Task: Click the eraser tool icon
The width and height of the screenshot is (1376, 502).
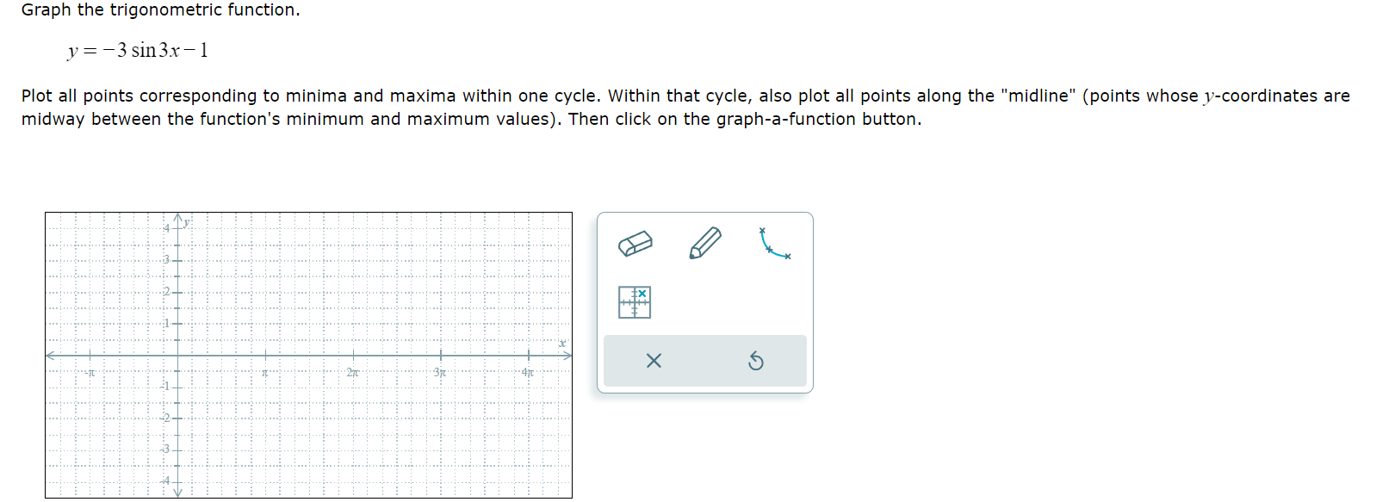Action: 635,244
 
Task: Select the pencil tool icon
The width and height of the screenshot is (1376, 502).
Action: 705,243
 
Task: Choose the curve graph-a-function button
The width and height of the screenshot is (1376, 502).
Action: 774,244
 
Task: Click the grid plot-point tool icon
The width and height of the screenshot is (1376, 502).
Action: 635,302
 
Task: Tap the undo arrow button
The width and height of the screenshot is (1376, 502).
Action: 755,361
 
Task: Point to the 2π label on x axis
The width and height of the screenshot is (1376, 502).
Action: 352,373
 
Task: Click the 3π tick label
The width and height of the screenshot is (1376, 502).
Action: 440,373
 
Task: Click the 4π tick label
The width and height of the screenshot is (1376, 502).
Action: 528,373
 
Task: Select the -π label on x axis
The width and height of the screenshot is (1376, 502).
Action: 89,373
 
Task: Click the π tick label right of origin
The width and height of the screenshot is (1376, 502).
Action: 265,373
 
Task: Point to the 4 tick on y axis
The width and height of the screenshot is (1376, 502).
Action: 167,228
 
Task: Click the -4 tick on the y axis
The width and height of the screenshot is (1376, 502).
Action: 165,480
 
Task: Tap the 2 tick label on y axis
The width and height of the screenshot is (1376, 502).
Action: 167,292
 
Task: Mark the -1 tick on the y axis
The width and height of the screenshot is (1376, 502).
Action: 165,386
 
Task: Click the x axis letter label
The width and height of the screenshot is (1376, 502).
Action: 562,344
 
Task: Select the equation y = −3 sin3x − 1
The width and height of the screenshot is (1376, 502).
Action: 138,51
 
